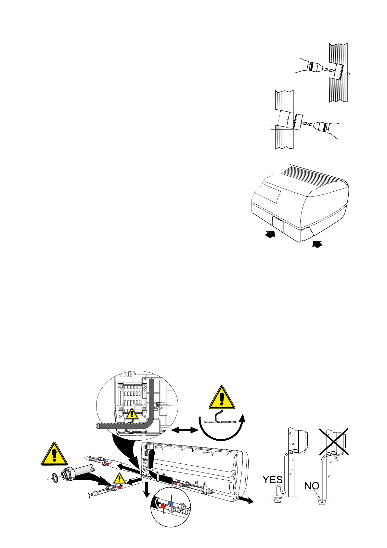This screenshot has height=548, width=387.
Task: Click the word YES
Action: pos(272,480)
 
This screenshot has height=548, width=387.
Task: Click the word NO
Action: pos(312,486)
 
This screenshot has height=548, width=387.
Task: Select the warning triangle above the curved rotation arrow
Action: pos(222,398)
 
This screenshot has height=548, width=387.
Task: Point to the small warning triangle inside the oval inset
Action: pos(132,414)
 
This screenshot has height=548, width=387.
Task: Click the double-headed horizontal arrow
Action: pos(185,430)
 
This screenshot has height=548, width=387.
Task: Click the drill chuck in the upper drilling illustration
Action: pos(314,67)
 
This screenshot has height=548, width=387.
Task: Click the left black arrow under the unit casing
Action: pos(270,234)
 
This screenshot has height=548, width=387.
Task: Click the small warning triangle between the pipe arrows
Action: pos(120,479)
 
